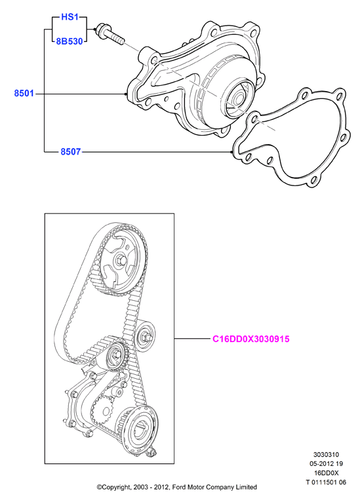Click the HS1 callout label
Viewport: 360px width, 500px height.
[x=70, y=17]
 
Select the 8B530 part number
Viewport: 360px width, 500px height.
[x=70, y=41]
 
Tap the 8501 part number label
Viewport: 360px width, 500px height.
[x=24, y=94]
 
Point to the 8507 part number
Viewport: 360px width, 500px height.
[x=71, y=151]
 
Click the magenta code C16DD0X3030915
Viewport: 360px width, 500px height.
[x=251, y=339]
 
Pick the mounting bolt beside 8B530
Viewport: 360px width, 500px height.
[x=110, y=34]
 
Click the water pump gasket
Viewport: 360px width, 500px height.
[x=290, y=137]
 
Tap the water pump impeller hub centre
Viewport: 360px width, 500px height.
[x=238, y=98]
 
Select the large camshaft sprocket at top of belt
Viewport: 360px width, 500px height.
[x=122, y=261]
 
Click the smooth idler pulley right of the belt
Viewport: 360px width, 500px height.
[x=145, y=337]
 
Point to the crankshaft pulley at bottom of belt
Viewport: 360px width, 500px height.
[x=140, y=430]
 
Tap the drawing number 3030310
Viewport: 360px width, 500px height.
[x=325, y=454]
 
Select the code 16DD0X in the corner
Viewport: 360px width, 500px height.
[x=325, y=473]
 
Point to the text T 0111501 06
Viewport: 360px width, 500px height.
[x=325, y=482]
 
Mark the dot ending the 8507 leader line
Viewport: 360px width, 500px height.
[x=231, y=152]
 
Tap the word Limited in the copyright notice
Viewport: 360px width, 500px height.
[x=246, y=487]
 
